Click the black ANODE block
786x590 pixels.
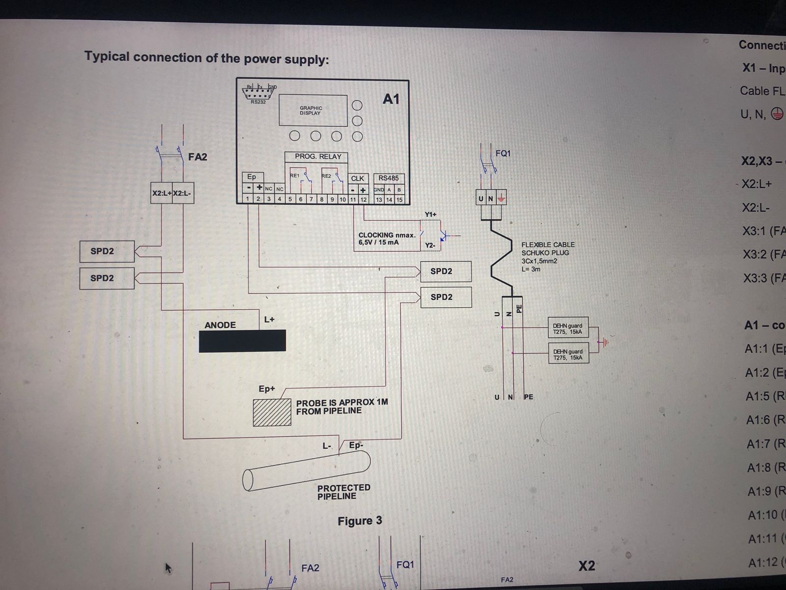click(x=242, y=341)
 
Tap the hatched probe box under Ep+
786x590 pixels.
click(x=272, y=413)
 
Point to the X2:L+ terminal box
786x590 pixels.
click(x=162, y=193)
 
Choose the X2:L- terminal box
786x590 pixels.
click(x=182, y=193)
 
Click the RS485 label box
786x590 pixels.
click(x=389, y=178)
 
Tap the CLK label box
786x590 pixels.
click(x=358, y=178)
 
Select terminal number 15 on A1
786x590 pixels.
click(x=399, y=200)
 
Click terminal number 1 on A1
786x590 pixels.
click(x=248, y=199)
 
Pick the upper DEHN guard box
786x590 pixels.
click(x=568, y=328)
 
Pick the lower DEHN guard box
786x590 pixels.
click(x=568, y=354)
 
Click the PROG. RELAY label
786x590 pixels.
click(x=318, y=157)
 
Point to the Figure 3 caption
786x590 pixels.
click(x=360, y=521)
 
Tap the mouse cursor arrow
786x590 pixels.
click(x=168, y=568)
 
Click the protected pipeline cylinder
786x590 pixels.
click(x=307, y=472)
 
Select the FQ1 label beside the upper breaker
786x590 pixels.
click(x=503, y=153)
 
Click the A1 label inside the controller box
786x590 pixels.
click(x=391, y=99)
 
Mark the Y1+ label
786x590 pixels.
click(x=430, y=215)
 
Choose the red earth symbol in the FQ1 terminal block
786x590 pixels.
click(x=501, y=199)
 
